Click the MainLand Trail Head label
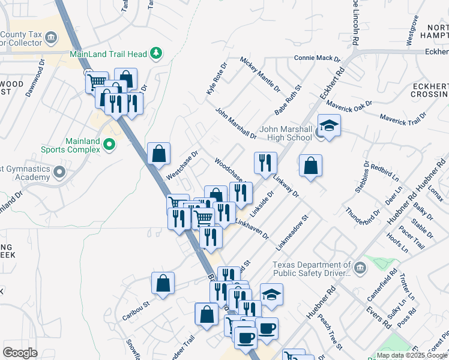(x=108, y=54)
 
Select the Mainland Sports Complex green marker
(x=109, y=144)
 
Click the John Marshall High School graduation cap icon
(x=328, y=126)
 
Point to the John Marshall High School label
(x=286, y=133)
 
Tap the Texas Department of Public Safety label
(x=312, y=269)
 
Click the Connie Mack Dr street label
(x=317, y=59)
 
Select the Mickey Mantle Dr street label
(x=260, y=74)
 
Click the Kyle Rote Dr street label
(x=217, y=79)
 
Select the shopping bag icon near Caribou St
(x=163, y=284)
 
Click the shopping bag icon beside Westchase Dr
(x=158, y=154)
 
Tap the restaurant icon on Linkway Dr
(x=265, y=163)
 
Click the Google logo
(x=20, y=353)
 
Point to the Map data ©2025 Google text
(x=412, y=355)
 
